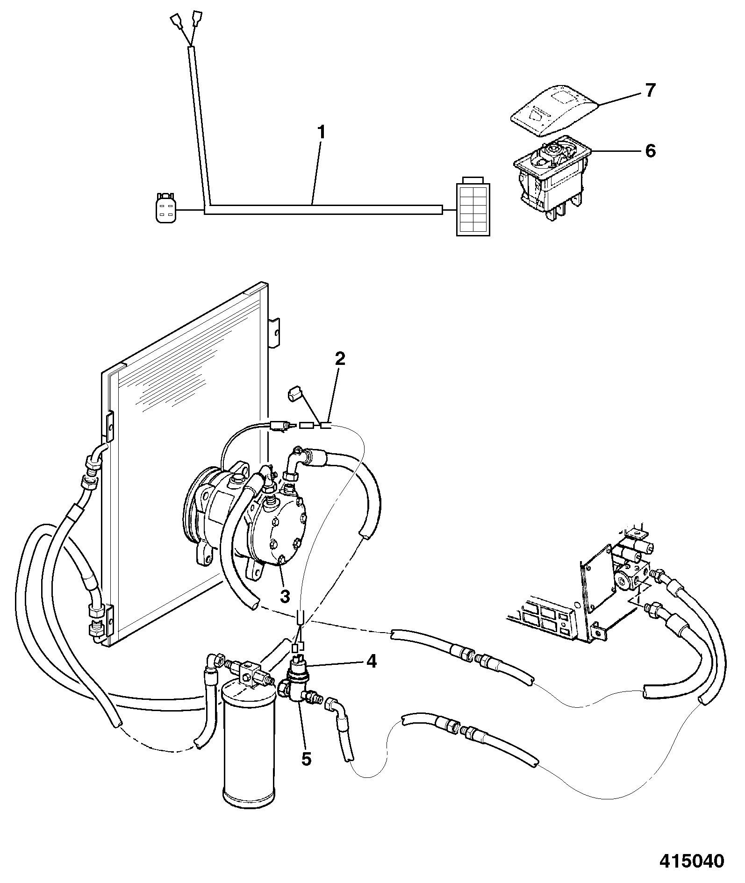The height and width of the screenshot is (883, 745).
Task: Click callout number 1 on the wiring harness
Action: click(321, 134)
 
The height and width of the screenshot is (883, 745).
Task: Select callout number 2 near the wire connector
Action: click(340, 359)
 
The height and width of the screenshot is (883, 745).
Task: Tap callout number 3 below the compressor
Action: click(285, 596)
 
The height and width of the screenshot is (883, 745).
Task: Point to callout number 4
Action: click(371, 662)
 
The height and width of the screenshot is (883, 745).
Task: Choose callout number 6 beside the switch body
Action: click(651, 151)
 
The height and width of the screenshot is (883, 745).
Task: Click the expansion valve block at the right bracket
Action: click(631, 572)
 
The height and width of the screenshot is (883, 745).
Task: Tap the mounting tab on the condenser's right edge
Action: click(275, 333)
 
